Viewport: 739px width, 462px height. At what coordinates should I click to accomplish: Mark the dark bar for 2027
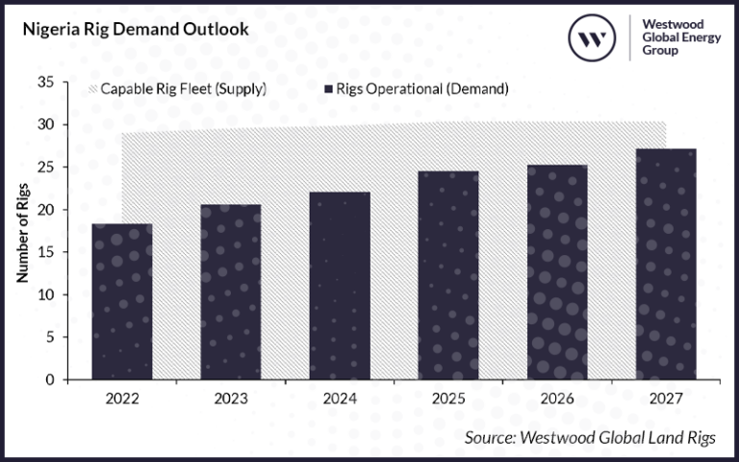point(666,264)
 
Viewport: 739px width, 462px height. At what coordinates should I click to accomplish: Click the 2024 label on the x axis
point(340,396)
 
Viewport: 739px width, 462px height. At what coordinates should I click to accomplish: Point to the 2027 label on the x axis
point(666,396)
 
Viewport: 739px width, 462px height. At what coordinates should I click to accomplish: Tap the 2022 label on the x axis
point(122,396)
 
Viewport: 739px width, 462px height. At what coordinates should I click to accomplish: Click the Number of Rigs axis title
point(21,231)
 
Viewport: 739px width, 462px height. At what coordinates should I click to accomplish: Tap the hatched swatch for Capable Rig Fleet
point(93,90)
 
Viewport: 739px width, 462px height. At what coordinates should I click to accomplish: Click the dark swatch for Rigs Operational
point(328,90)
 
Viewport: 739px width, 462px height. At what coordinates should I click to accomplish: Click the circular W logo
point(594,38)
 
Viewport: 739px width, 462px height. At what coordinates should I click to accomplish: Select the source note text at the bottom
point(590,438)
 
